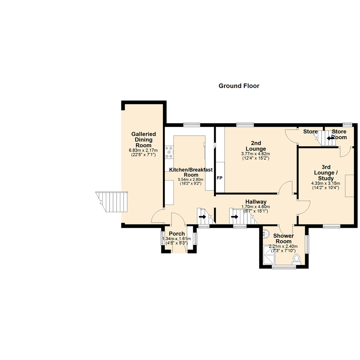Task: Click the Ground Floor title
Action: tap(239, 86)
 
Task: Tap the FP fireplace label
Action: tap(220, 178)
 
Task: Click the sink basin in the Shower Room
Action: tap(266, 234)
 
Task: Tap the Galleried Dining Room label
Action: tap(143, 140)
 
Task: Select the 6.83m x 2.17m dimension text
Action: tap(143, 150)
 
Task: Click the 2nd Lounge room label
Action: tap(256, 146)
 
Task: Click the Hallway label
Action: tap(256, 202)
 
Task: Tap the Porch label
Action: tap(176, 234)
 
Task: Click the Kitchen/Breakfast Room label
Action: tap(191, 172)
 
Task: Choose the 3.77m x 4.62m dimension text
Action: tap(256, 154)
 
